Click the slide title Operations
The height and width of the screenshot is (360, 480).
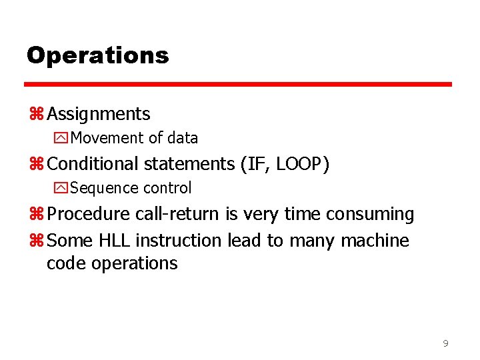pos(97,55)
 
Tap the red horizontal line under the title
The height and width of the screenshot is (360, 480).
pos(238,85)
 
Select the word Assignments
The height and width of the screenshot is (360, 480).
pos(99,114)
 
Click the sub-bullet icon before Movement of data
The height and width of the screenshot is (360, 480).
pos(61,138)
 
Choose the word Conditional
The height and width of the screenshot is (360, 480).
pos(93,163)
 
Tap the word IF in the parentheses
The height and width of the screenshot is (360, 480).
pos(265,163)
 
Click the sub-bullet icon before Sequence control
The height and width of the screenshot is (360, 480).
pos(61,188)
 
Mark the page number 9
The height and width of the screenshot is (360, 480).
pos(445,344)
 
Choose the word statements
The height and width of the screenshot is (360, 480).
pos(185,163)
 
